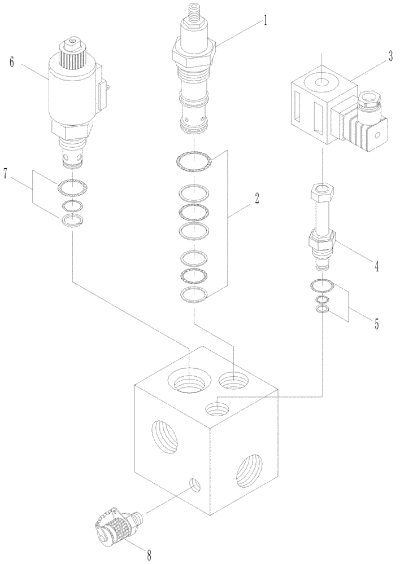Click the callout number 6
[11, 63]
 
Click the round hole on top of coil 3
[321, 83]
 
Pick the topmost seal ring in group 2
[194, 162]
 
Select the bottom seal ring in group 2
[194, 294]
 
